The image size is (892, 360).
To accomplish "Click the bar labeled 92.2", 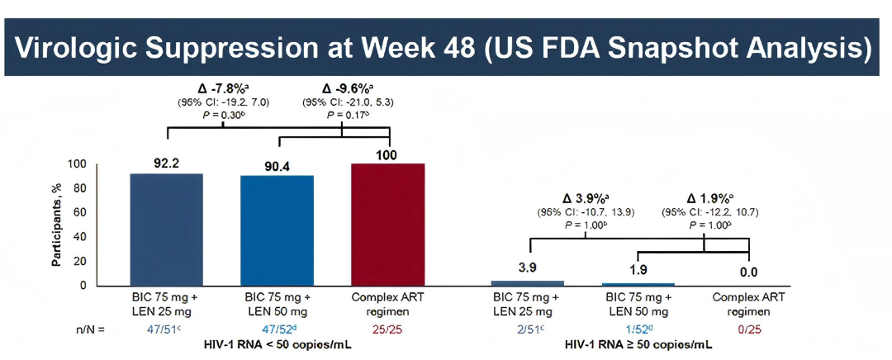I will tap(166, 230).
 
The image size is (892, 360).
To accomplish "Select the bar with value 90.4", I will tap(277, 230).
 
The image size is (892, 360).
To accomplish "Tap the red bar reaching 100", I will tap(388, 225).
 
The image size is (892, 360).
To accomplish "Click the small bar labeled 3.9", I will tap(528, 283).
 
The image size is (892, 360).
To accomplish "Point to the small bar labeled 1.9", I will tap(638, 284).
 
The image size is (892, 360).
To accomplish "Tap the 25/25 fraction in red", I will tap(388, 329).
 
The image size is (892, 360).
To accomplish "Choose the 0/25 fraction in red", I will tap(748, 329).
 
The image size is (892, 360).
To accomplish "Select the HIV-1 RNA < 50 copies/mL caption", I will tap(278, 343).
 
